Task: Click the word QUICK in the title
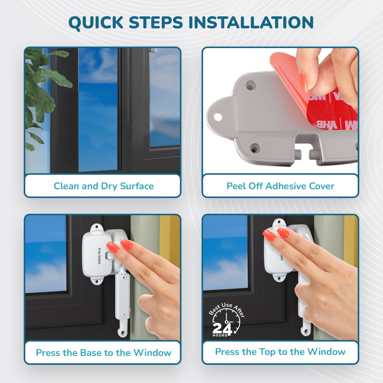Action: point(96,22)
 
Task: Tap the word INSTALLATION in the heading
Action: point(251,22)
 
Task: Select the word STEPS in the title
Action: point(156,22)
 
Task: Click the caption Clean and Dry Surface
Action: point(103,186)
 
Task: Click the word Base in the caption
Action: point(91,353)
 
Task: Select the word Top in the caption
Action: point(267,352)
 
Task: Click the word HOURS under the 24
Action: point(220,335)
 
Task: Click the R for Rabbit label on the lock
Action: point(99,256)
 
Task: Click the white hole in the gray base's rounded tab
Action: point(218,117)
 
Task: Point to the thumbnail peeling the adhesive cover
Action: point(303,82)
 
